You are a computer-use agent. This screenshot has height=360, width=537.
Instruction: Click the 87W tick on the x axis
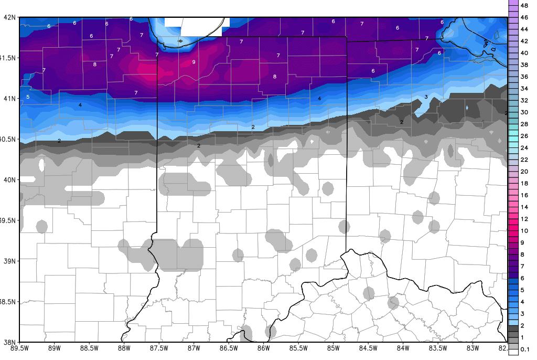point(194,347)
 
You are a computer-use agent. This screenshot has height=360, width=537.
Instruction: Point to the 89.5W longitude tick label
point(19,347)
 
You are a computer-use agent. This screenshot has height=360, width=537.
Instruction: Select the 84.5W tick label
point(368,347)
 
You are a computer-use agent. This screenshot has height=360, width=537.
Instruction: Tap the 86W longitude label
point(263,347)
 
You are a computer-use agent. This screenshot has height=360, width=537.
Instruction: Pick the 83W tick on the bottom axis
point(472,347)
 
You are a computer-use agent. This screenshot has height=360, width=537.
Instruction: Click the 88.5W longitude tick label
point(89,347)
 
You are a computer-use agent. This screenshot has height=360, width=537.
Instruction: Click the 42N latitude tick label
point(10,17)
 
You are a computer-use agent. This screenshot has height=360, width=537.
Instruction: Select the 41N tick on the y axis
point(10,98)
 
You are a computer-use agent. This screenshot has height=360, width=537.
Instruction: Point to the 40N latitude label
point(10,179)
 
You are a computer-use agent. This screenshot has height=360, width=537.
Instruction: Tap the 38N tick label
point(10,342)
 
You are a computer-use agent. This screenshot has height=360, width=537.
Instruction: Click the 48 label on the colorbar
point(524,5)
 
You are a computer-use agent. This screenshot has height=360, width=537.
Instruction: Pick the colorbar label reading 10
point(524,231)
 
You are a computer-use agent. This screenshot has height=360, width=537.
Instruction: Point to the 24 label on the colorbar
point(524,148)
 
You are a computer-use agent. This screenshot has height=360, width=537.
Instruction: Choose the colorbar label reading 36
point(524,77)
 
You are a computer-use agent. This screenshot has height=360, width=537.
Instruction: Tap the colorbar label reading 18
point(524,183)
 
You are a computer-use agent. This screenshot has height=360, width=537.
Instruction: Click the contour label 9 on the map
point(194,62)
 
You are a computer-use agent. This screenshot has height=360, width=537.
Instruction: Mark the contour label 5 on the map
point(27,97)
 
